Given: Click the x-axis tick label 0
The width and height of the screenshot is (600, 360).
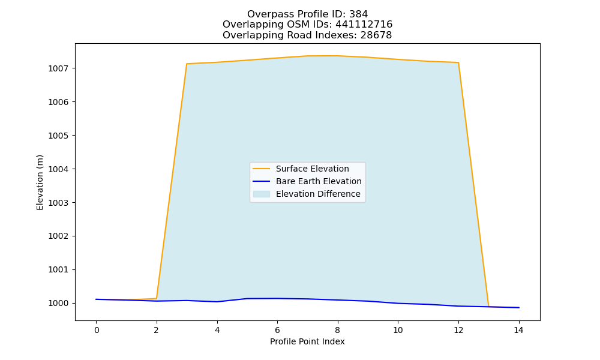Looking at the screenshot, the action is [97, 330].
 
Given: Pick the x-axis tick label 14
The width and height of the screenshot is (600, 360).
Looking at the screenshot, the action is [518, 330].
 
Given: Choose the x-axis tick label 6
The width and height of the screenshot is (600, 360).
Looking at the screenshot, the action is [277, 330].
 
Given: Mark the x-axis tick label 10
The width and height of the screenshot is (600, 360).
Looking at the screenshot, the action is [398, 330].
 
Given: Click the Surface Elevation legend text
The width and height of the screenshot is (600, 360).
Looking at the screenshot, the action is [312, 169].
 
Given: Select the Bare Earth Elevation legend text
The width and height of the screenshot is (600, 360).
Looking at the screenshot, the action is [319, 181].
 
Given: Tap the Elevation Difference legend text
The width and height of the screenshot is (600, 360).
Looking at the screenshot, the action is [318, 194].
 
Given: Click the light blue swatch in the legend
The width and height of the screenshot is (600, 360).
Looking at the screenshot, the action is [262, 194].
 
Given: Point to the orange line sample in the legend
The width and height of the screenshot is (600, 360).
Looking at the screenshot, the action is [262, 169].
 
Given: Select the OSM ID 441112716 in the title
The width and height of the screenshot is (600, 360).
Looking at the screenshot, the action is [364, 25].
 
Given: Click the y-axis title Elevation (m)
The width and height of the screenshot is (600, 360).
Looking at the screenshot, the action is [40, 182].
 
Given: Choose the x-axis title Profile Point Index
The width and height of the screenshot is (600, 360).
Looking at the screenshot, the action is [307, 341].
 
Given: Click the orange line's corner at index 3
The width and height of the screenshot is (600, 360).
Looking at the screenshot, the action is [187, 64].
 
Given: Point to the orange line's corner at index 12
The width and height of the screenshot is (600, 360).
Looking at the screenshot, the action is [458, 62].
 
